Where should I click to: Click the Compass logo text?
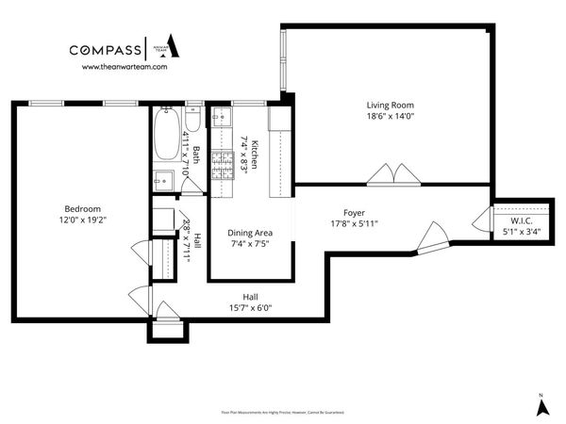click(104, 50)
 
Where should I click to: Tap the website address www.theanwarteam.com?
click(125, 67)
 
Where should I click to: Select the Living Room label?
click(391, 105)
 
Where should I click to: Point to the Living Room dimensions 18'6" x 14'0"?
click(391, 116)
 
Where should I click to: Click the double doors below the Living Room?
click(391, 175)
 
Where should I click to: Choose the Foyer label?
click(354, 213)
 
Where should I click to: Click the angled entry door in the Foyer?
click(435, 236)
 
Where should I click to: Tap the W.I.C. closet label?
click(522, 220)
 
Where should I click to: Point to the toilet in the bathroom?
click(192, 121)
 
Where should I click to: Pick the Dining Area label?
click(250, 234)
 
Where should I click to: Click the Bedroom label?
click(82, 208)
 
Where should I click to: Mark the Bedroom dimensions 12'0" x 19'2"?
click(82, 220)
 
